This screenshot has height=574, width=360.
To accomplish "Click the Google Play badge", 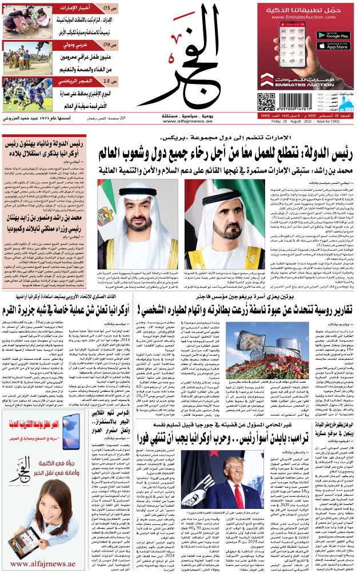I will point(332,35).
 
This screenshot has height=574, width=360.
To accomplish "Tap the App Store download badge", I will point(332,46).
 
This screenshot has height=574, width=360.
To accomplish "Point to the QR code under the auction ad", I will point(266,101).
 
